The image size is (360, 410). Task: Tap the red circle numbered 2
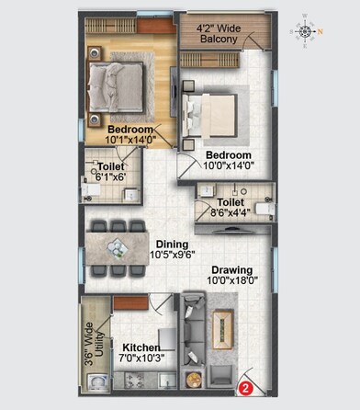(245, 387)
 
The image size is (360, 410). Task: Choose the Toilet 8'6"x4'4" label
(231, 207)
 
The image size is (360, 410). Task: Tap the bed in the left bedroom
(113, 86)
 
